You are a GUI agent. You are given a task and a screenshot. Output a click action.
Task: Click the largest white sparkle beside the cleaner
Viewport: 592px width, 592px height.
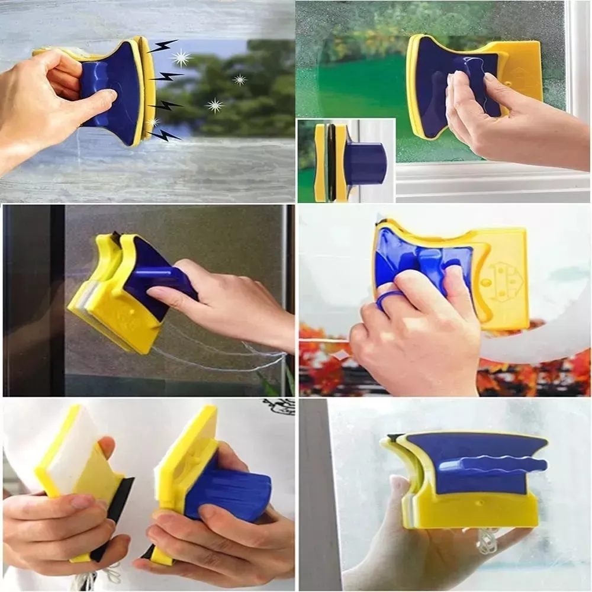click(x=182, y=57)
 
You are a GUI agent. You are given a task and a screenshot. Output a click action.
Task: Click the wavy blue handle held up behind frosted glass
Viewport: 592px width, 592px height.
click(x=491, y=465)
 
